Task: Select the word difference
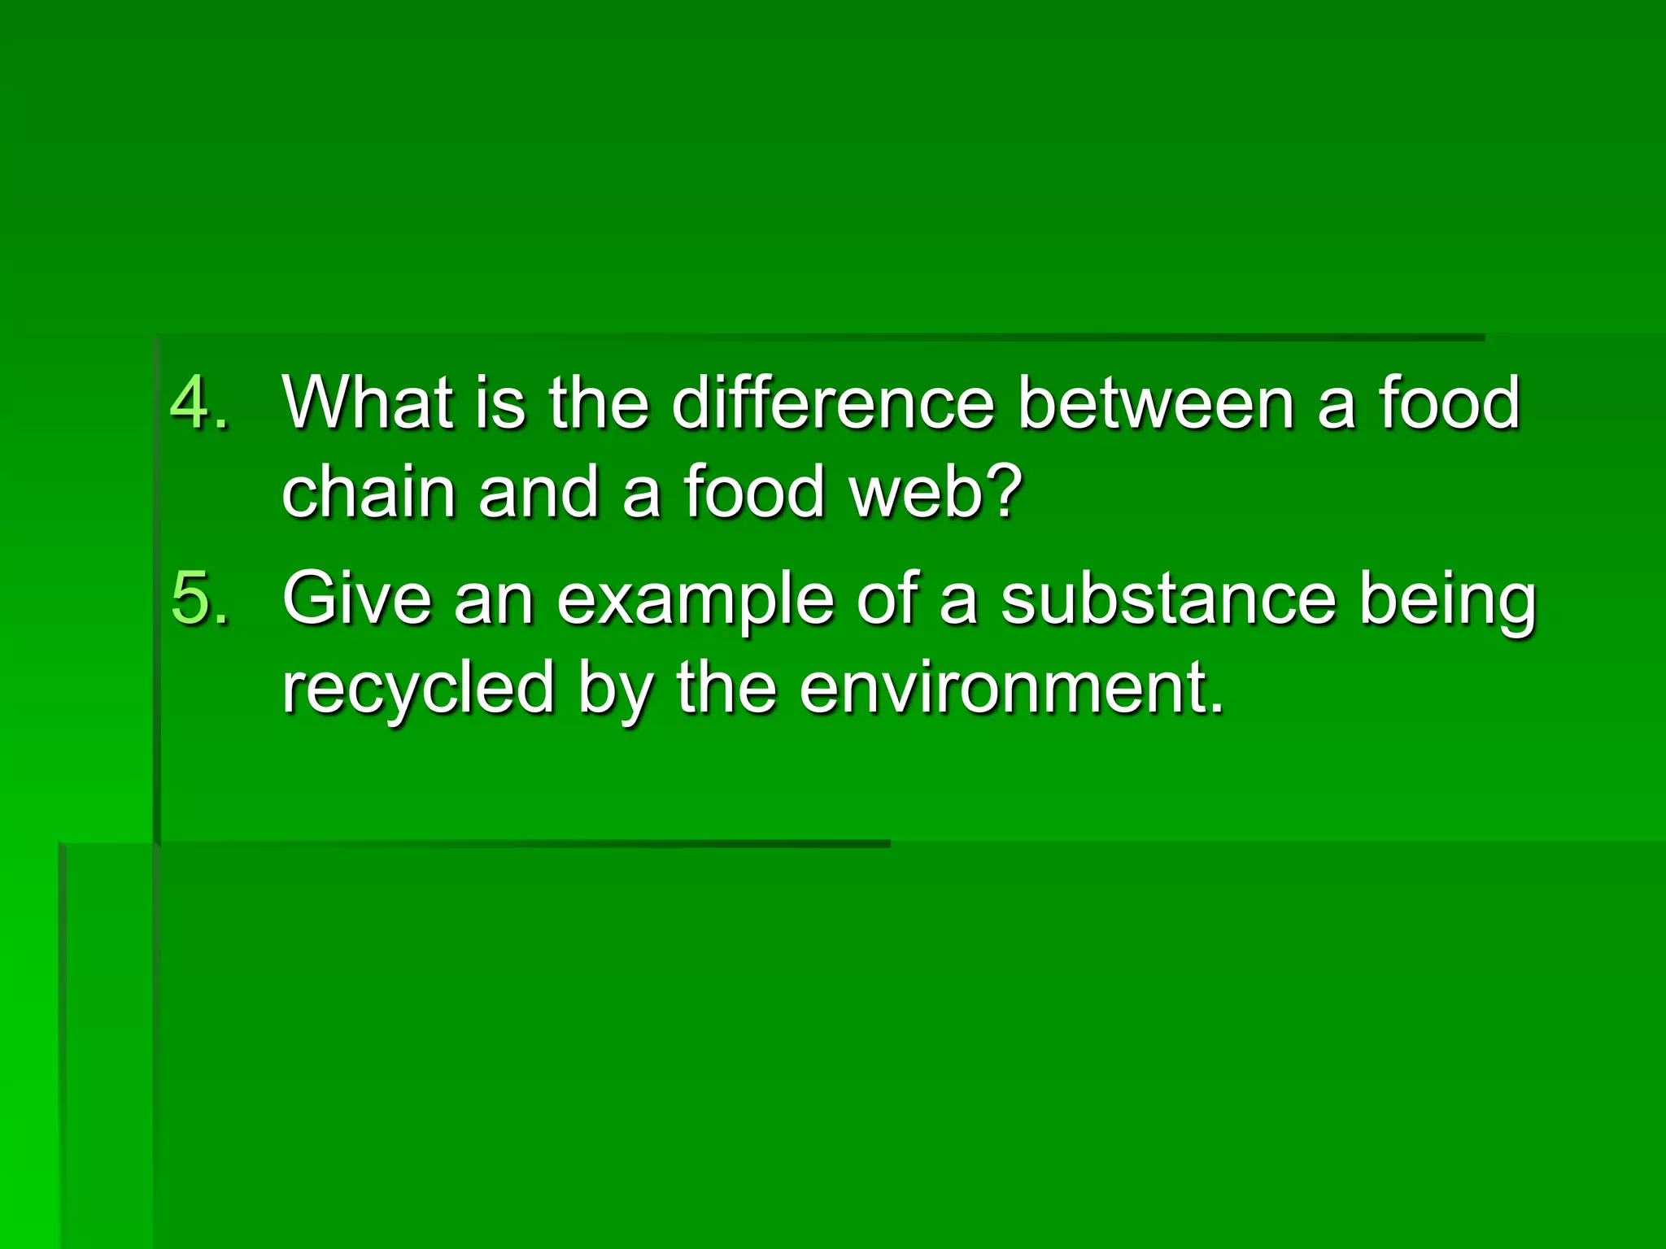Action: tap(833, 403)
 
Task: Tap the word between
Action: tap(1155, 403)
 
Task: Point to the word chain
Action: tap(368, 492)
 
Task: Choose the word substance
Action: tap(1168, 598)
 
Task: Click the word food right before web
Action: tap(755, 492)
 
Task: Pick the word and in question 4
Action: tap(537, 492)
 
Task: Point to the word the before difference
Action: tap(598, 403)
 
